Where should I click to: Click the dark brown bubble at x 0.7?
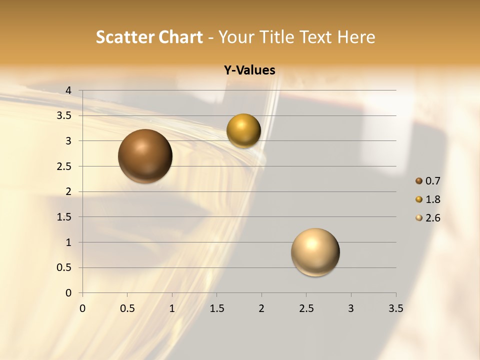(145, 156)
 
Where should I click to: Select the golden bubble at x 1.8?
(243, 130)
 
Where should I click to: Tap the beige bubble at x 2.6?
(315, 252)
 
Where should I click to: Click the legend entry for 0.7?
(428, 181)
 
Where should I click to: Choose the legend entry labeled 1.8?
(428, 199)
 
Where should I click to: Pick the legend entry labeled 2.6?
(428, 218)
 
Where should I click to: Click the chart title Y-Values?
(249, 70)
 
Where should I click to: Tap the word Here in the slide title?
(355, 37)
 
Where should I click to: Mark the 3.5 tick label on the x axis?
(395, 308)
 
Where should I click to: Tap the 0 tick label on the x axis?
(82, 308)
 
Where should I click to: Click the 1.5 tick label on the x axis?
(216, 308)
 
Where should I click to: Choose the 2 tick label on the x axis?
(261, 308)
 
